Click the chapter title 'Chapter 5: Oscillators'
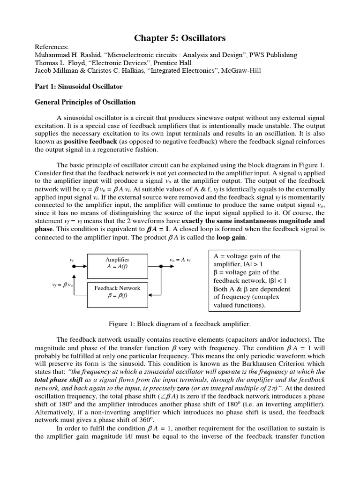click(180, 38)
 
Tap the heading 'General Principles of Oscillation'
click(86, 102)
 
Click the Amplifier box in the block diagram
click(117, 263)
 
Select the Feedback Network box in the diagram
click(117, 292)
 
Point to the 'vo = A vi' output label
click(180, 260)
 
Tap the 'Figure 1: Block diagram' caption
click(180, 324)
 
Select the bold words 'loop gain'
click(232, 238)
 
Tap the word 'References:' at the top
click(52, 47)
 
